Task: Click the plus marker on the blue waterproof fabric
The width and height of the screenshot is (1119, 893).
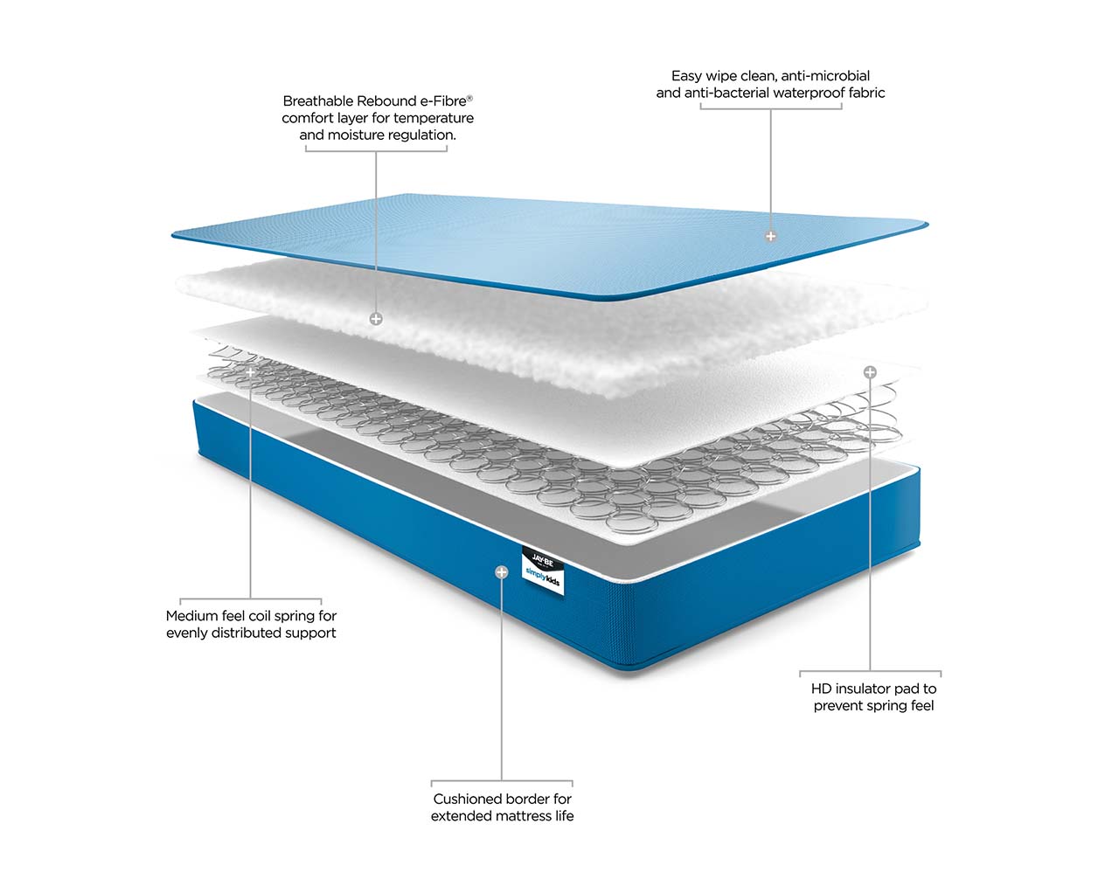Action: [770, 236]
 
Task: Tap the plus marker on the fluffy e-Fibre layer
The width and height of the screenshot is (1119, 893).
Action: [376, 319]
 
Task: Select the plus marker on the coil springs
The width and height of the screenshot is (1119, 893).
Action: [251, 372]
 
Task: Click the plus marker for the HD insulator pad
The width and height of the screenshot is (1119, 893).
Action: [870, 371]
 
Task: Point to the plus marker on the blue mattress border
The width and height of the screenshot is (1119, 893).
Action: [501, 572]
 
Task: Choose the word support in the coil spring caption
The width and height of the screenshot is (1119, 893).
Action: [314, 633]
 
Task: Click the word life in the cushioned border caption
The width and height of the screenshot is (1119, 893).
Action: [564, 816]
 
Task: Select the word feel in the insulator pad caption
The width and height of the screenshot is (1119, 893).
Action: [921, 706]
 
